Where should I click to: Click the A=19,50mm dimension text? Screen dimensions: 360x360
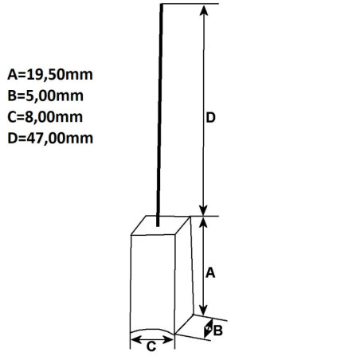50,75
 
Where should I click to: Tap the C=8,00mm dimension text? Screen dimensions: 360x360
45,117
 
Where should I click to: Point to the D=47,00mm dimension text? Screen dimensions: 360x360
50,139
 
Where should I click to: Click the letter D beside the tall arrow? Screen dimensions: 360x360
210,118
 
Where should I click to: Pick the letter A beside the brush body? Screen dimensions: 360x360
210,273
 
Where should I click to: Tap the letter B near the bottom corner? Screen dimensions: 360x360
218,331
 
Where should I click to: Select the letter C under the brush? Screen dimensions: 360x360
151,346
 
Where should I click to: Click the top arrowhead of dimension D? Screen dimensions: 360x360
204,10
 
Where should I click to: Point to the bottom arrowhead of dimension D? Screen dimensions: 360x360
203,210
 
